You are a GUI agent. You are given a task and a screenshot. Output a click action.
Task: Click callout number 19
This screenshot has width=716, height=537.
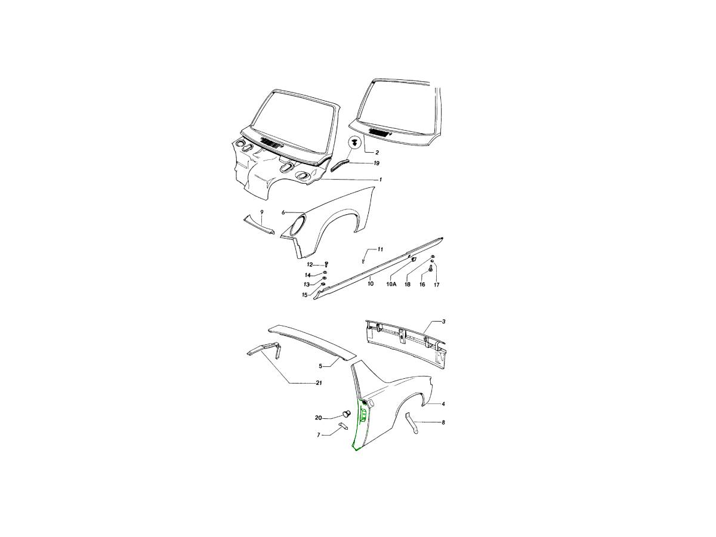376,163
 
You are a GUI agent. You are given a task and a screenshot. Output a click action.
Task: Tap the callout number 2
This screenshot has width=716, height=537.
377,153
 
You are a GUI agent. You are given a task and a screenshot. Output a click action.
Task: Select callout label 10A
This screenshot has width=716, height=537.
391,285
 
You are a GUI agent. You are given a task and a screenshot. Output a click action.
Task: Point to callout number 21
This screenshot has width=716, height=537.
319,383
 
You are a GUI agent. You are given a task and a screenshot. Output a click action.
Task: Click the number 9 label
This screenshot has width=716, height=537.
261,212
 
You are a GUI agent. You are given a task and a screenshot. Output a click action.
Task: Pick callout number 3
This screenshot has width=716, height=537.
443,322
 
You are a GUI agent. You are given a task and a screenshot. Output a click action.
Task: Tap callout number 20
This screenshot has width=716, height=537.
319,418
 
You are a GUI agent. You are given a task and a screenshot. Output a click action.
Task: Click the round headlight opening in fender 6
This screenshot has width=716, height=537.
298,226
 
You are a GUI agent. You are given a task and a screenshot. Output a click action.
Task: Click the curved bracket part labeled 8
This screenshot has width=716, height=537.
412,423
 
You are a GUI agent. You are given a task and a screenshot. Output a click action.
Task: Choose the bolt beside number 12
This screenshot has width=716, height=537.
326,264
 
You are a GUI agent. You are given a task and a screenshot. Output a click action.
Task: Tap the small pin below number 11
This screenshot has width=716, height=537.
363,260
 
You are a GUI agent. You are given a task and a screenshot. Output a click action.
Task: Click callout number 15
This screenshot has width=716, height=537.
305,295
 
